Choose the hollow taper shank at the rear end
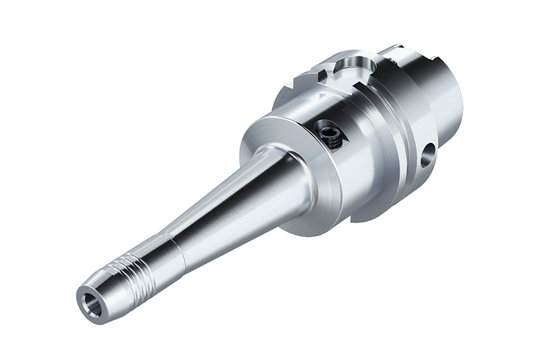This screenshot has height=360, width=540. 445,95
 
